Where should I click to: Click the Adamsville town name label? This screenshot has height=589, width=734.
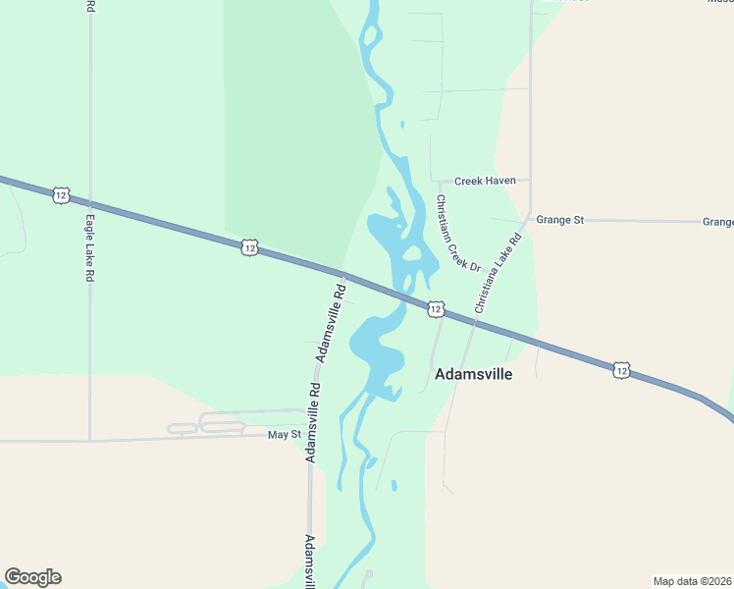point(473,374)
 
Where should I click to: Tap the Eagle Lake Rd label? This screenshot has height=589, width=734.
point(88,249)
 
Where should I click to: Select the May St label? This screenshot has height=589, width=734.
point(283,434)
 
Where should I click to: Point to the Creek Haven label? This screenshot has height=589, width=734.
point(485,181)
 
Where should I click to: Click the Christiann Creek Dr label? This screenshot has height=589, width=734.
point(457,234)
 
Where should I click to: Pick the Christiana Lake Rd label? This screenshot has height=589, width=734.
point(498,273)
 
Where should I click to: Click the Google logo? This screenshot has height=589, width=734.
point(32,577)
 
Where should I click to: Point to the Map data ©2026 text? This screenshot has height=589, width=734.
point(692,581)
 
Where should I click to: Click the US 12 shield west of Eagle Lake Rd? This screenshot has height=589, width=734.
point(61,195)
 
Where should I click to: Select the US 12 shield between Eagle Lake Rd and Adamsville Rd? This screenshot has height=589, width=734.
point(249,248)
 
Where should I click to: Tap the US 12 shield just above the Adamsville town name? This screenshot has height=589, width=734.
point(435,309)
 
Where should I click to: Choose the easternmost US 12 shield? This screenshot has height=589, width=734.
point(620,369)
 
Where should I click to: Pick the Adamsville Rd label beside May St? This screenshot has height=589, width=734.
point(312,421)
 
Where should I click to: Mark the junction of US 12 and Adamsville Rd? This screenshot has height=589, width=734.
point(342,274)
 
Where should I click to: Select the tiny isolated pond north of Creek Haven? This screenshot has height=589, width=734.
point(402,125)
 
